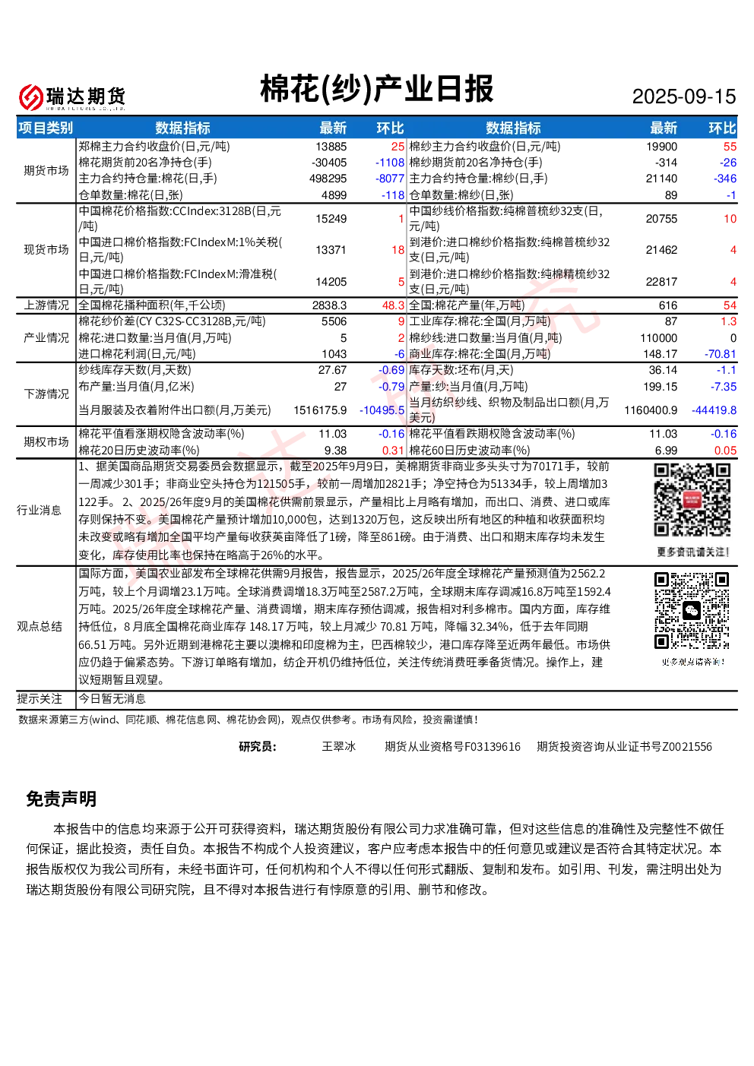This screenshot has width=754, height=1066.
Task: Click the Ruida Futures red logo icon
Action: (31, 97)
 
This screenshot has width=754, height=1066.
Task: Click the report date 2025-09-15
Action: (683, 96)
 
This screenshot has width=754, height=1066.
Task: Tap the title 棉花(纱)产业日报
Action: (376, 89)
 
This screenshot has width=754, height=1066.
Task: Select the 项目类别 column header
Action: (46, 128)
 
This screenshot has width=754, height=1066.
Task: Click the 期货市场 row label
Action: (46, 170)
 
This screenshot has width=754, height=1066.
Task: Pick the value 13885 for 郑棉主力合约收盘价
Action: (331, 147)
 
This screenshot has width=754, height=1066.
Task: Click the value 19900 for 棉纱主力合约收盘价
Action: (662, 147)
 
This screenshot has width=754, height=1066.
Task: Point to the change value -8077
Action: (390, 179)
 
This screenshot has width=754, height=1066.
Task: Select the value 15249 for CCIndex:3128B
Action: (331, 218)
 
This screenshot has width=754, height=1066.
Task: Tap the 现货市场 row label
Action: (46, 250)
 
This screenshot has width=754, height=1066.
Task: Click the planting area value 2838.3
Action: (329, 305)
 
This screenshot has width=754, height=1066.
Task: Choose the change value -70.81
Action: (721, 353)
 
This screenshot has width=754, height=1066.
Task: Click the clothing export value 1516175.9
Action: (320, 410)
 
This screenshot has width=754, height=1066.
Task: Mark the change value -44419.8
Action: (714, 410)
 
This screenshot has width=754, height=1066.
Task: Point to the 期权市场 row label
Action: (46, 441)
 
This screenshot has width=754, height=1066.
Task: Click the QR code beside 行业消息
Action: (692, 500)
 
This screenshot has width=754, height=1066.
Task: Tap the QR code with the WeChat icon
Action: (692, 611)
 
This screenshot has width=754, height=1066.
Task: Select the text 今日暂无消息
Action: (112, 698)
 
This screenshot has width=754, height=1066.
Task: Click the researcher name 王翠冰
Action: (339, 746)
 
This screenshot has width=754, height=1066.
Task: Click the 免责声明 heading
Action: (62, 799)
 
